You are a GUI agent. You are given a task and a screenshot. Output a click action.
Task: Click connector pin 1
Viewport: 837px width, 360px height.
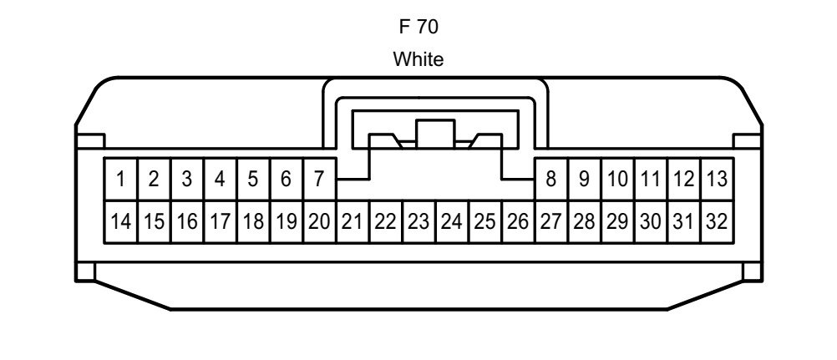[x=120, y=179]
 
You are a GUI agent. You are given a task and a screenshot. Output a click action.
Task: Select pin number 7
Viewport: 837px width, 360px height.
[x=319, y=179]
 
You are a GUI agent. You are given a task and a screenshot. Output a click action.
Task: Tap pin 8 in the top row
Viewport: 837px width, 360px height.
[x=551, y=179]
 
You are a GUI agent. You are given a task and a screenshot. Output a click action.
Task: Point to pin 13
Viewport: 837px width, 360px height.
[x=717, y=179]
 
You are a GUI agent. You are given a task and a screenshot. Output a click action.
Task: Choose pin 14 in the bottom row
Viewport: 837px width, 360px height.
[x=120, y=221]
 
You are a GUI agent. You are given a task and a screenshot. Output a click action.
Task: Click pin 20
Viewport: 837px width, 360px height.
[x=319, y=221]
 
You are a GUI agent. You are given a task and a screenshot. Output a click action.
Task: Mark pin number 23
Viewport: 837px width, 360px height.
[x=419, y=221]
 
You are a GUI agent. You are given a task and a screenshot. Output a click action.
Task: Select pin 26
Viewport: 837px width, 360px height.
[x=518, y=221]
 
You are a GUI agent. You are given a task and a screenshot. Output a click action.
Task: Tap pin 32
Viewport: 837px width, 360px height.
[x=717, y=221]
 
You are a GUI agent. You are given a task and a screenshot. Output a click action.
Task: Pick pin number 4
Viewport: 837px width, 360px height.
[x=220, y=179]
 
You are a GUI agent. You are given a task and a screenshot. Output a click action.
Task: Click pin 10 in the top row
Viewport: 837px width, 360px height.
[x=617, y=179]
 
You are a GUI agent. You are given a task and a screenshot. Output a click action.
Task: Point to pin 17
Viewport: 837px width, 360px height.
[x=220, y=221]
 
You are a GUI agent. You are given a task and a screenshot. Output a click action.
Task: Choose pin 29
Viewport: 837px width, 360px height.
[x=617, y=221]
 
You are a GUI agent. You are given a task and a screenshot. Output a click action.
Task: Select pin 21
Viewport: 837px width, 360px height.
[x=353, y=221]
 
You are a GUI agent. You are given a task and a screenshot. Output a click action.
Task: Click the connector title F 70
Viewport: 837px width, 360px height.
[x=419, y=28]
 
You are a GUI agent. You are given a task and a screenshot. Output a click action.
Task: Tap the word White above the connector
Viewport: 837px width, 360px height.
[x=418, y=58]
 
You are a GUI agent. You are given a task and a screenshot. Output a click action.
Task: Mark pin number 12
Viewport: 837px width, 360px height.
[x=684, y=179]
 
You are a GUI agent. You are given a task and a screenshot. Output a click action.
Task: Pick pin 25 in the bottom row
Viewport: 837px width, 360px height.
[x=485, y=221]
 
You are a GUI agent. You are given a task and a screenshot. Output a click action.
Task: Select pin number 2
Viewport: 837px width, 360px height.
[x=154, y=179]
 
